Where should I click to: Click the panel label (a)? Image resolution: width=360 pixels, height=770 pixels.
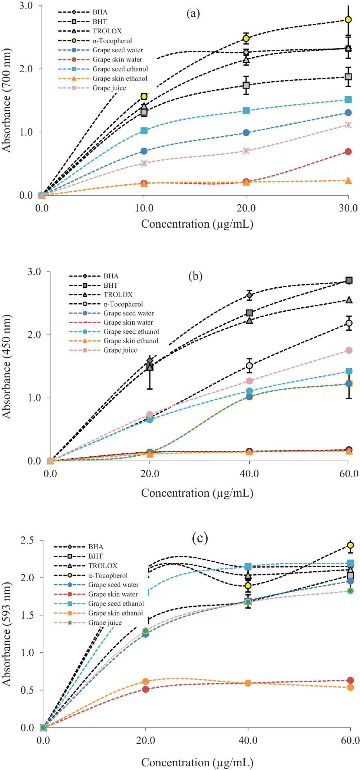pos(193,13)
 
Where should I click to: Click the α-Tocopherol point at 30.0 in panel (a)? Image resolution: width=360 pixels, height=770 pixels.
pos(348,20)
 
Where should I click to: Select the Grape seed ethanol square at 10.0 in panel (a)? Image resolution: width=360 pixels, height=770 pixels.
pos(144,130)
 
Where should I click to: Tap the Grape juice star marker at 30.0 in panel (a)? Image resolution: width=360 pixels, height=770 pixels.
pos(348,125)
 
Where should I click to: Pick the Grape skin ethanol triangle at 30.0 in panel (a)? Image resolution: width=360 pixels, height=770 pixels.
pos(348,181)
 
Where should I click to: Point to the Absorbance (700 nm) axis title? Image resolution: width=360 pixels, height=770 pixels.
pos(6,100)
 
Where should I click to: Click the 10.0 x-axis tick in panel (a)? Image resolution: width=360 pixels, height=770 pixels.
pos(144,208)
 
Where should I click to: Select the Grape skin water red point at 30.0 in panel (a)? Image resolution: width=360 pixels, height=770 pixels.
pos(348,152)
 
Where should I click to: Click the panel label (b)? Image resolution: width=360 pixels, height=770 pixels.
pos(195,276)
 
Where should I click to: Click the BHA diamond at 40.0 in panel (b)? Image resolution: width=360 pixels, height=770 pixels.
pos(250,295)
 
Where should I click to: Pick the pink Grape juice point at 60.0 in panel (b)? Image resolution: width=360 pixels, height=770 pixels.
pos(349,350)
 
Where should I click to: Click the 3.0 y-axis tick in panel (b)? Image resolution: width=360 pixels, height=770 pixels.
pos(34,272)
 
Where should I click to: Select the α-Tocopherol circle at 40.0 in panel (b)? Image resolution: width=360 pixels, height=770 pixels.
pos(250,366)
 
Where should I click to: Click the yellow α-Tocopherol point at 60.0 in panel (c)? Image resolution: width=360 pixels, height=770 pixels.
pos(350,545)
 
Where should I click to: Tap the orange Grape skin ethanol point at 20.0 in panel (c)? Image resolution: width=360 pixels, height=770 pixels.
pos(146,681)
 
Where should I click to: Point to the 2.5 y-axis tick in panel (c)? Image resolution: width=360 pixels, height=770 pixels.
pos(27,540)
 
